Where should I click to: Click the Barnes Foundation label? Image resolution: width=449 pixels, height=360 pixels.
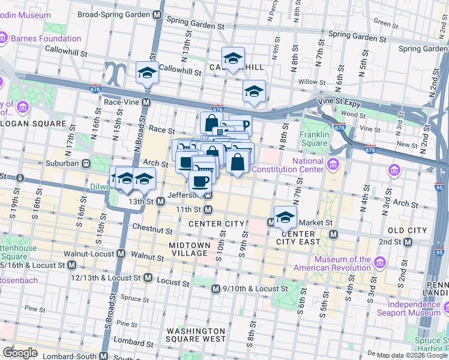tap(45, 38)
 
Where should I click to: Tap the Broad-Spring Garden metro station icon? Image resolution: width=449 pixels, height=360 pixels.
tap(157, 14)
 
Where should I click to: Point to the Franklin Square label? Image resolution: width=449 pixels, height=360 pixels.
tap(315, 139)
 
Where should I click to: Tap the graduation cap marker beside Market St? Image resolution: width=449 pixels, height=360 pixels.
tap(285, 217)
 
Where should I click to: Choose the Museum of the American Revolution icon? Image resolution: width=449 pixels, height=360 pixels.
tap(379, 262)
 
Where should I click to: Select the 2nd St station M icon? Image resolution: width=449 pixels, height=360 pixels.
tap(408, 242)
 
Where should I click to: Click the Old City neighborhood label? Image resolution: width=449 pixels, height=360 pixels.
tap(408, 230)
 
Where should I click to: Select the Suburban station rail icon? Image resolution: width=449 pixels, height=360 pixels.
tap(87, 163)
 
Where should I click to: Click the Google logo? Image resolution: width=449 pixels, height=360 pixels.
tap(20, 352)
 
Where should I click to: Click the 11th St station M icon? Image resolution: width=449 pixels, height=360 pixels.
tap(208, 209)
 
